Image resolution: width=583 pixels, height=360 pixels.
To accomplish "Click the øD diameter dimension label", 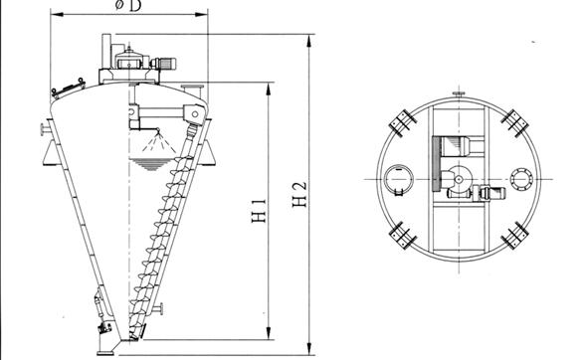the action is tap(128, 6).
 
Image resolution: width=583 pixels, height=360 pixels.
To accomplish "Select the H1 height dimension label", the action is tap(259, 211).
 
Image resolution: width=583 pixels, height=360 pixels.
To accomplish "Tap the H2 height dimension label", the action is tap(299, 194).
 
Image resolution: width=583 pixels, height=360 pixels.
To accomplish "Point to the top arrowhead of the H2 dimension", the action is tap(308, 41).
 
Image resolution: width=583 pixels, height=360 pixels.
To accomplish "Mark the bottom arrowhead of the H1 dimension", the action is tap(269, 333).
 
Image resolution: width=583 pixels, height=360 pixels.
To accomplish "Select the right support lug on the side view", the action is tap(207, 152).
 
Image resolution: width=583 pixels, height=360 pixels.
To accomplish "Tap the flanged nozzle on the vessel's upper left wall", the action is tap(46, 129).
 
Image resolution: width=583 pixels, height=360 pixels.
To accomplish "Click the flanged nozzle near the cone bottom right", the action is tap(157, 308).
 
